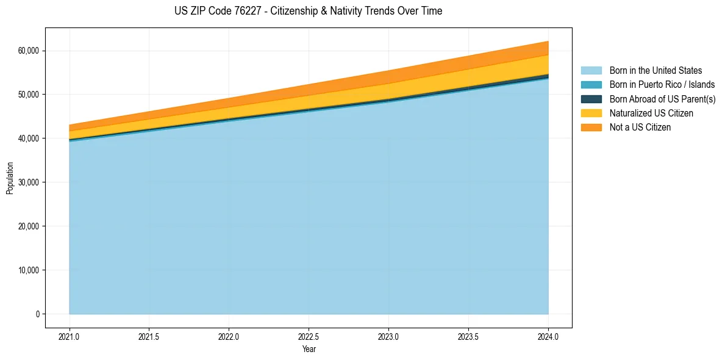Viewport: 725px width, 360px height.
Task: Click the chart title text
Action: click(x=308, y=11)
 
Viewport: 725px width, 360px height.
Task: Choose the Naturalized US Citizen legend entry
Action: click(x=651, y=113)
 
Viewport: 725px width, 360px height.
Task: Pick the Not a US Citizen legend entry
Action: click(x=640, y=128)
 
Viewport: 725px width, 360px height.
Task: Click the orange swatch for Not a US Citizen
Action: click(x=591, y=128)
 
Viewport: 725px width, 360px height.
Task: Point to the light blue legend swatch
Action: click(x=591, y=71)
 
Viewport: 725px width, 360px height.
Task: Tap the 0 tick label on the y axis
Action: click(x=37, y=314)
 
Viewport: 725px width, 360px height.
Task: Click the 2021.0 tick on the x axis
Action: click(x=70, y=336)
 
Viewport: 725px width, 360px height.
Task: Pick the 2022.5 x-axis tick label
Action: click(x=309, y=336)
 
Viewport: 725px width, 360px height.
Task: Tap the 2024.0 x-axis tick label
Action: click(x=548, y=336)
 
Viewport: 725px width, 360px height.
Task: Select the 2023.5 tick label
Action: click(x=468, y=336)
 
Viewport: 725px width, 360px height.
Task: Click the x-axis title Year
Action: click(x=309, y=349)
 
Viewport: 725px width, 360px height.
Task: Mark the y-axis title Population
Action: click(x=10, y=178)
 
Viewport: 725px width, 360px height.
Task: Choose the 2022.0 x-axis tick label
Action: click(x=229, y=336)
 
